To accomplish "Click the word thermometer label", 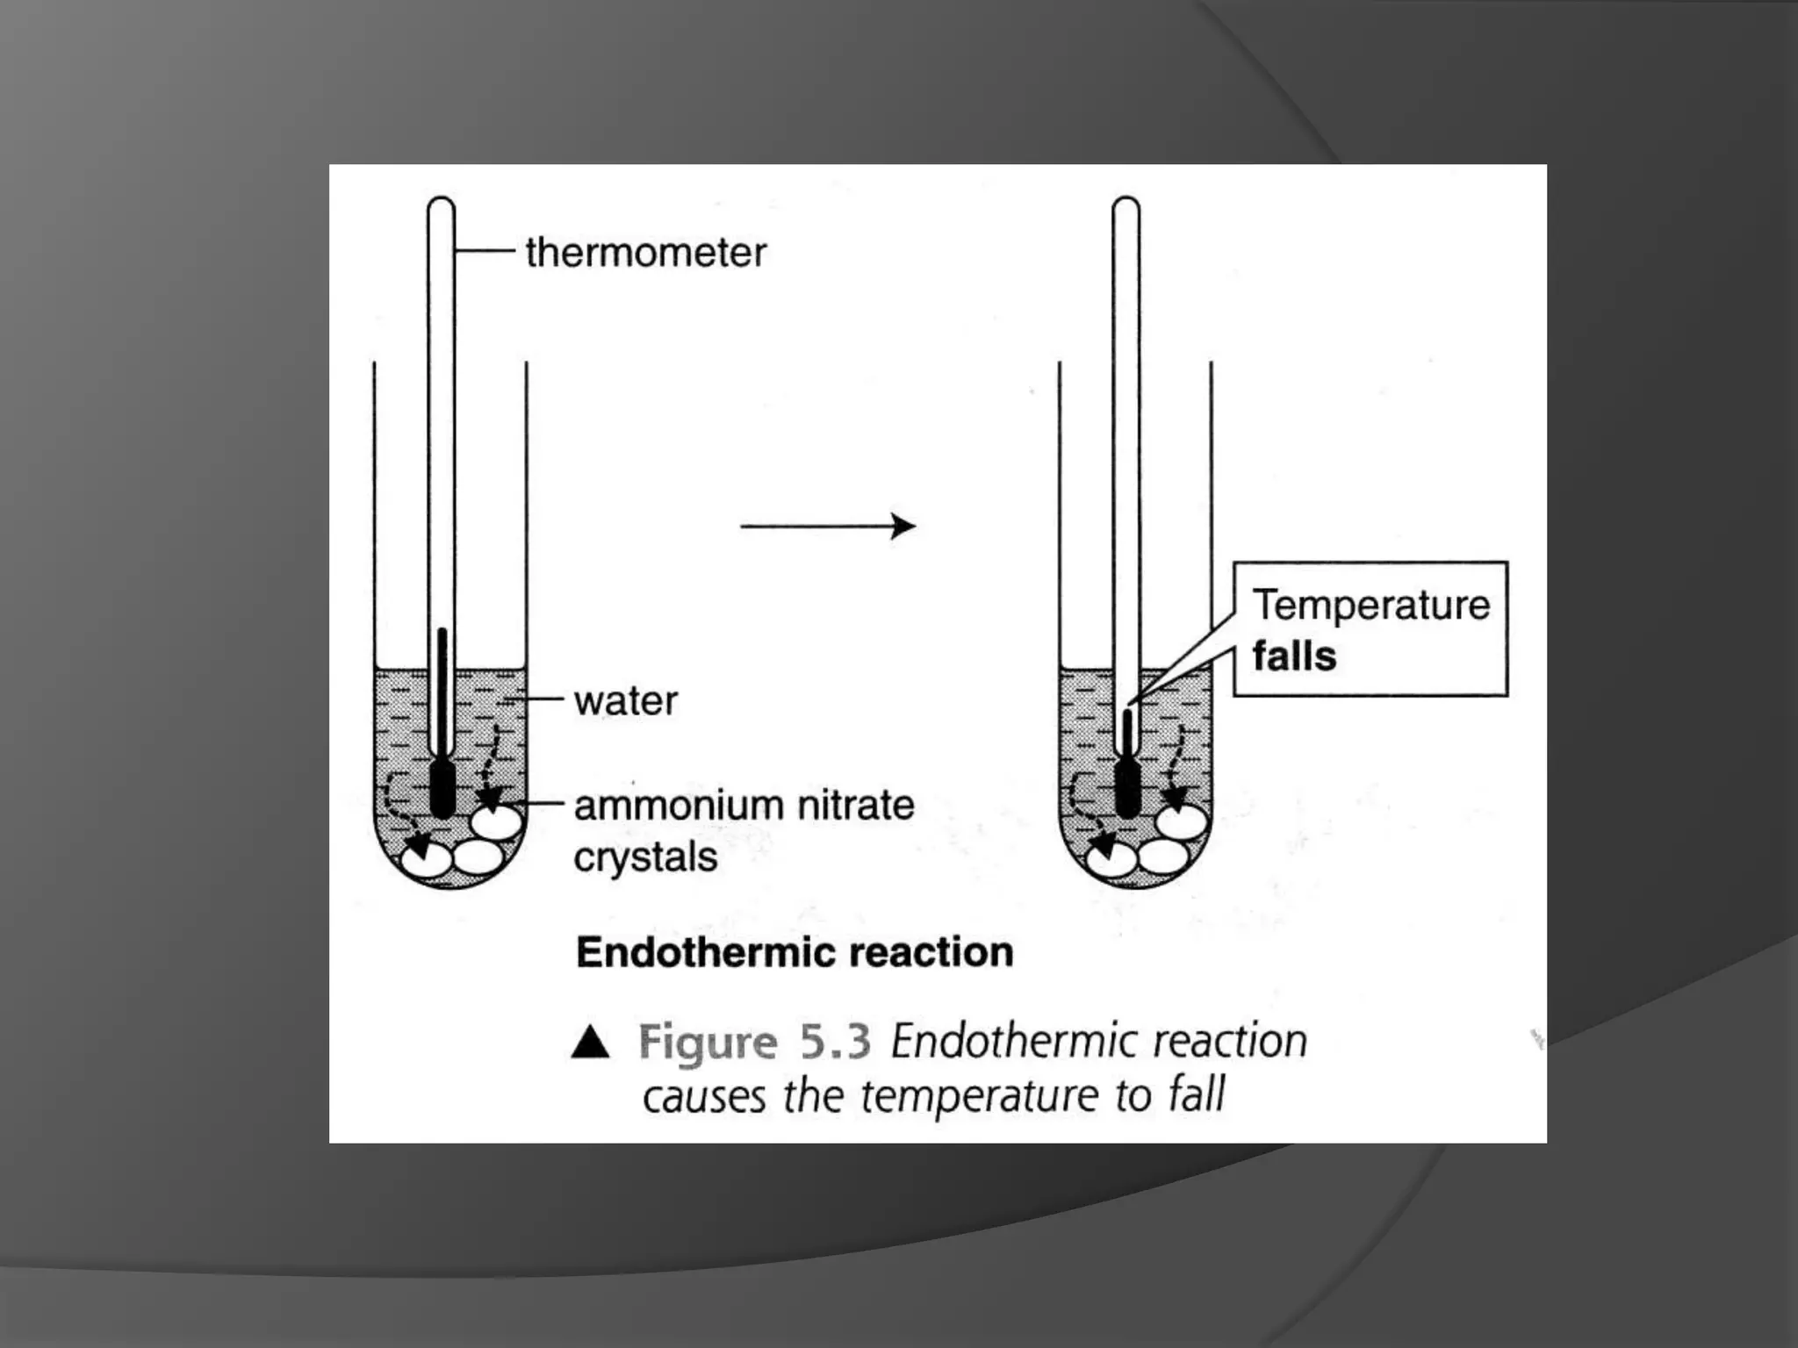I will click(x=645, y=253).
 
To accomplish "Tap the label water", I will click(x=625, y=701).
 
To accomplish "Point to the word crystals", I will click(x=645, y=857).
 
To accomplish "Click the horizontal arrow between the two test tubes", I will click(x=827, y=527).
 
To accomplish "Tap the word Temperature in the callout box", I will click(x=1370, y=605).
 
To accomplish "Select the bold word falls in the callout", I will click(x=1294, y=656).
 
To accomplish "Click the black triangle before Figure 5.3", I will click(x=590, y=1043).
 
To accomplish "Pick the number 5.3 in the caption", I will click(x=835, y=1042).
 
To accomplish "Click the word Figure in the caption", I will click(x=708, y=1043).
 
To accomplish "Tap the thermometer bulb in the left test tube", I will click(x=442, y=788).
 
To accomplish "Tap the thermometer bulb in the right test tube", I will click(x=1127, y=788).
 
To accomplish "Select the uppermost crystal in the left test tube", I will click(x=497, y=823).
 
